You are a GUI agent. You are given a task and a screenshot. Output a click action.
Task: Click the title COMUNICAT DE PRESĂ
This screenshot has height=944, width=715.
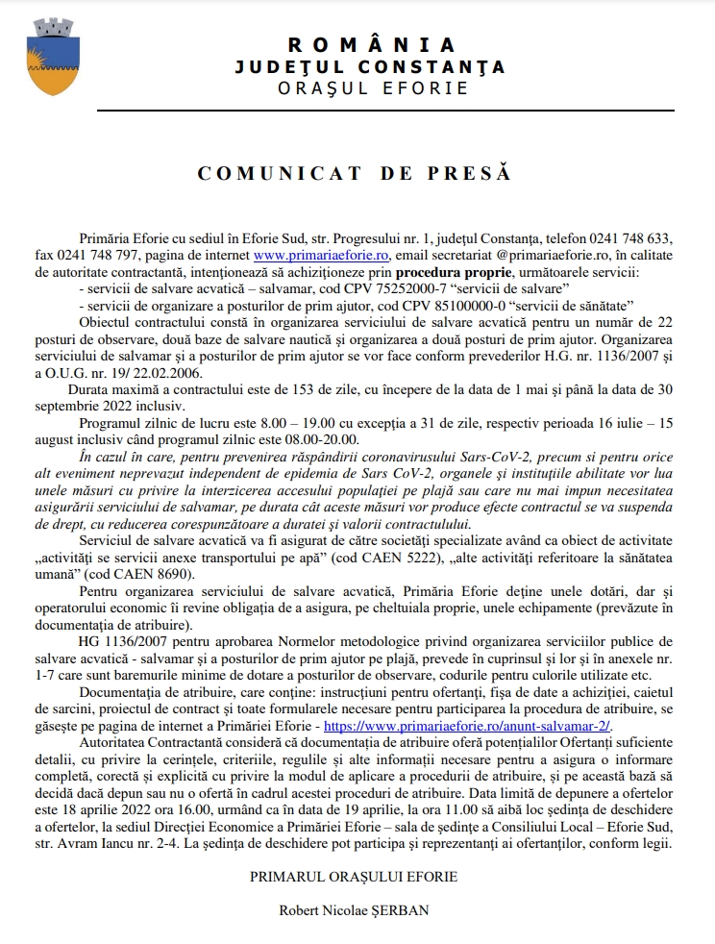click(x=355, y=174)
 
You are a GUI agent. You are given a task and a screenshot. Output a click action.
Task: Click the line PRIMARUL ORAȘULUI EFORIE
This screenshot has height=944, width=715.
click(x=354, y=876)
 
